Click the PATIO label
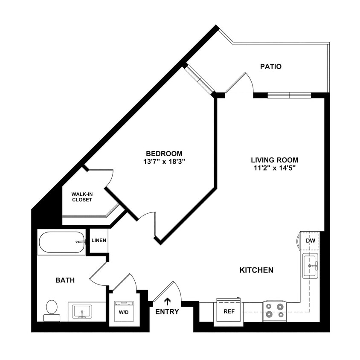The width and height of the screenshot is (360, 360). pyautogui.click(x=270, y=67)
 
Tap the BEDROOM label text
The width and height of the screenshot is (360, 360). pyautogui.click(x=164, y=154)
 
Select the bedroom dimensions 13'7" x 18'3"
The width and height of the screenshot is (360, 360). pyautogui.click(x=164, y=162)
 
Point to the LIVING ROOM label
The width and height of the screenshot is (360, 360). pyautogui.click(x=274, y=160)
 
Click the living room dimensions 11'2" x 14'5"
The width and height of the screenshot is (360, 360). pyautogui.click(x=274, y=168)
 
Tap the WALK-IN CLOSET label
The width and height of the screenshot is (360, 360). pyautogui.click(x=82, y=197)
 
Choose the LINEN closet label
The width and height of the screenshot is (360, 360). pyautogui.click(x=99, y=241)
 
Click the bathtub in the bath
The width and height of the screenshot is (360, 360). pyautogui.click(x=62, y=242)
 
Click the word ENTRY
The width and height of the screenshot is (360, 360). pyautogui.click(x=167, y=312)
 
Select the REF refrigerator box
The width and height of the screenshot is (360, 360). pyautogui.click(x=229, y=311)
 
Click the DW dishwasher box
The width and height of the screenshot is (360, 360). pyautogui.click(x=310, y=241)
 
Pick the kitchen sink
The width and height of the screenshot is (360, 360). pyautogui.click(x=311, y=265)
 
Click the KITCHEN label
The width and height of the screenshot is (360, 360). pyautogui.click(x=256, y=270)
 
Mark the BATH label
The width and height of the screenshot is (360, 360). pyautogui.click(x=65, y=280)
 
